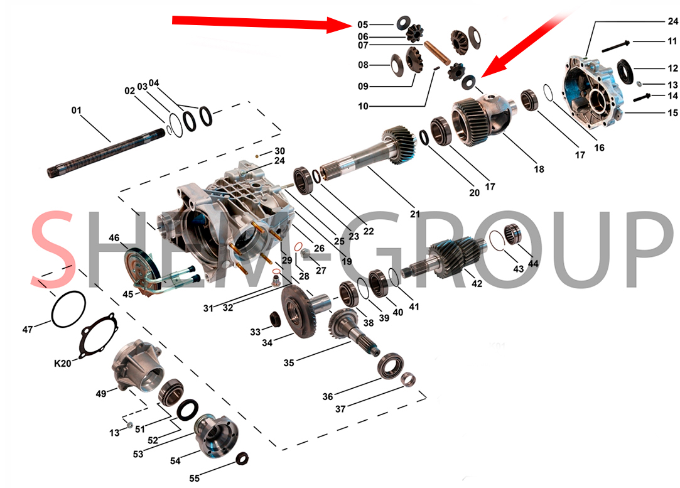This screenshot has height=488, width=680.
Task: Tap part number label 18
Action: (x=539, y=169)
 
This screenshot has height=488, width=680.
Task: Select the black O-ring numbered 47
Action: (x=68, y=309)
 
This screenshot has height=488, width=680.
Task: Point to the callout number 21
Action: (x=415, y=214)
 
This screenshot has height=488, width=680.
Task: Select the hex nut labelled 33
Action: (x=274, y=320)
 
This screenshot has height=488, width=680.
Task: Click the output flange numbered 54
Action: (x=215, y=435)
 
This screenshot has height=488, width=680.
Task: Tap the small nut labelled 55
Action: (x=242, y=458)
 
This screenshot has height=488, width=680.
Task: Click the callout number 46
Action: (x=114, y=237)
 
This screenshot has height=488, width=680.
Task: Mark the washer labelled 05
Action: (x=403, y=21)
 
